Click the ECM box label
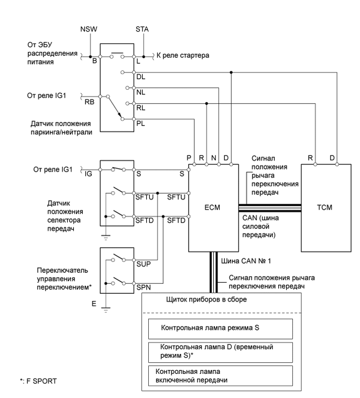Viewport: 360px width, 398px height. pyautogui.click(x=213, y=207)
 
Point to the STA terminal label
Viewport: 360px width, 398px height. pyautogui.click(x=143, y=29)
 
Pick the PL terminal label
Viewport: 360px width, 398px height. pyautogui.click(x=139, y=124)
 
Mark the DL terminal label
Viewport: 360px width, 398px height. pyautogui.click(x=139, y=76)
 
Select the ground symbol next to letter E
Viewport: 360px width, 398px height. pyautogui.click(x=106, y=309)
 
